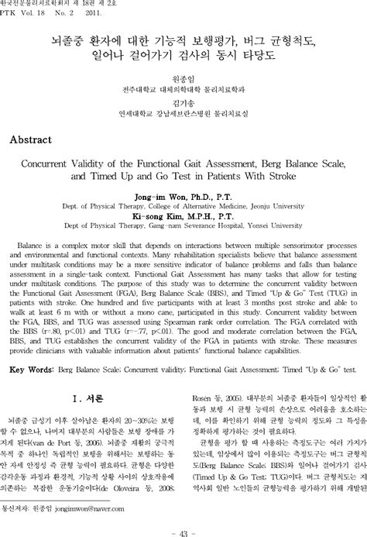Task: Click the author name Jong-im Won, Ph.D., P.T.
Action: [183, 197]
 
